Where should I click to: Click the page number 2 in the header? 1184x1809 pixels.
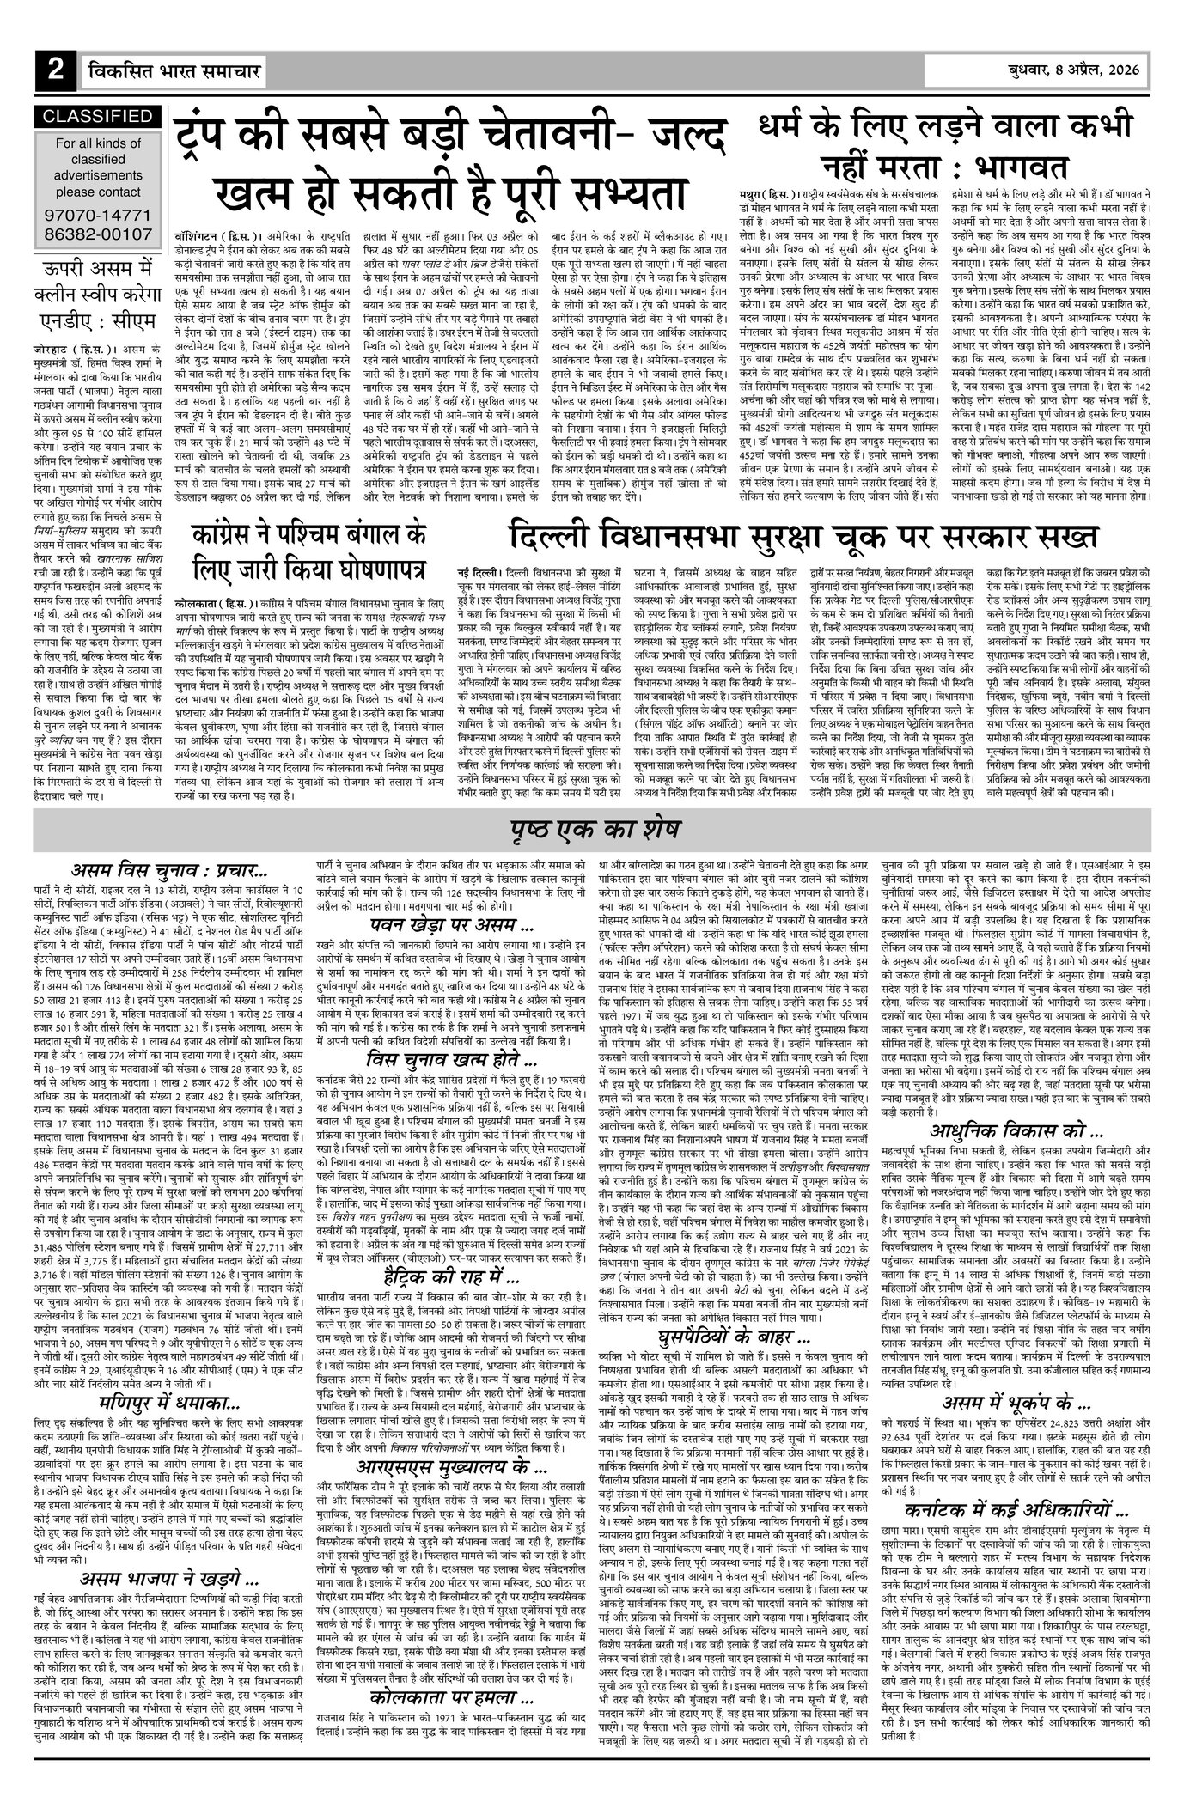[x=55, y=71]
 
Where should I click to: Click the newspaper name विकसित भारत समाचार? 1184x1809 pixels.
[x=168, y=71]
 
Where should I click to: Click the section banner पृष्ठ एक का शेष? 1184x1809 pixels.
[x=592, y=831]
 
